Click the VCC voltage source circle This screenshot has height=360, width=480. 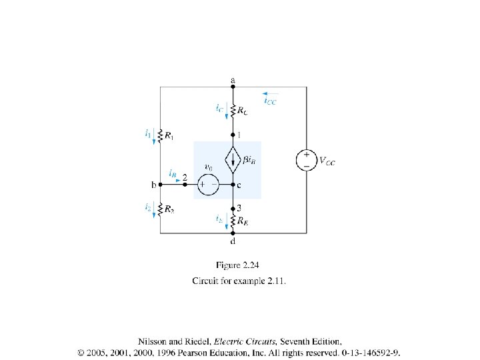tap(307, 160)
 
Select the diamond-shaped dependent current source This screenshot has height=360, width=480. tap(233, 160)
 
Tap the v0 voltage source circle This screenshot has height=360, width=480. tap(208, 184)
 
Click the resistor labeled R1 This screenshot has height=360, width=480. tap(161, 136)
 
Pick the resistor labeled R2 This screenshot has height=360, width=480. tap(161, 209)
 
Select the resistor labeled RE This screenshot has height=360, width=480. tap(233, 219)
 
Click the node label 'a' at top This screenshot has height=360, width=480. tap(233, 80)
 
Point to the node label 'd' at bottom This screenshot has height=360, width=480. tap(233, 241)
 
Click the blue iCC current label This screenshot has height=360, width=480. tap(270, 101)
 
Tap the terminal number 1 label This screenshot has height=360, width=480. tap(240, 135)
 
